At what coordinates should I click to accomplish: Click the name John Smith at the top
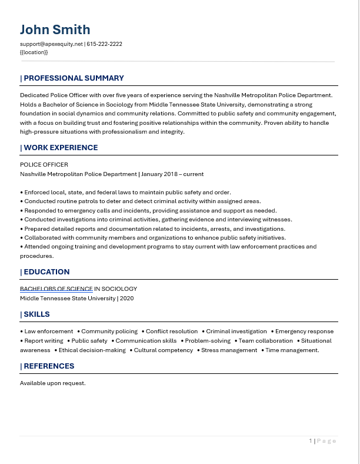pyautogui.click(x=55, y=29)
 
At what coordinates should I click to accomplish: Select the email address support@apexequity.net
pyautogui.click(x=51, y=44)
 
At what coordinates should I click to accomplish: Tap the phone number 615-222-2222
pyautogui.click(x=104, y=44)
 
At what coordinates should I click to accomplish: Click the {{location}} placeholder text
pyautogui.click(x=34, y=52)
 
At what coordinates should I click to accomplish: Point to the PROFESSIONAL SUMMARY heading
pyautogui.click(x=74, y=78)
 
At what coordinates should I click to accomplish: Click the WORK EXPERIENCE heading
pyautogui.click(x=61, y=148)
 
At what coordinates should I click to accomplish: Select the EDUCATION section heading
pyautogui.click(x=46, y=272)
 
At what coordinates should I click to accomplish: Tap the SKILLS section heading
pyautogui.click(x=36, y=314)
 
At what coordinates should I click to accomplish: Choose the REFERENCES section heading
pyautogui.click(x=49, y=366)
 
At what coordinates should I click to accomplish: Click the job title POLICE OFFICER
pyautogui.click(x=44, y=165)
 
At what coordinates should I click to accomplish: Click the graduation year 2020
pyautogui.click(x=126, y=299)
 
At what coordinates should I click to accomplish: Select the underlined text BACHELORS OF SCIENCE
pyautogui.click(x=56, y=289)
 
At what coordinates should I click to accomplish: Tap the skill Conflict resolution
pyautogui.click(x=172, y=332)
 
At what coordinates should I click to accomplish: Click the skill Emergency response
pyautogui.click(x=304, y=332)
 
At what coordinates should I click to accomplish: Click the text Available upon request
pyautogui.click(x=53, y=383)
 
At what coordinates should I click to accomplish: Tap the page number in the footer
pyautogui.click(x=311, y=440)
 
